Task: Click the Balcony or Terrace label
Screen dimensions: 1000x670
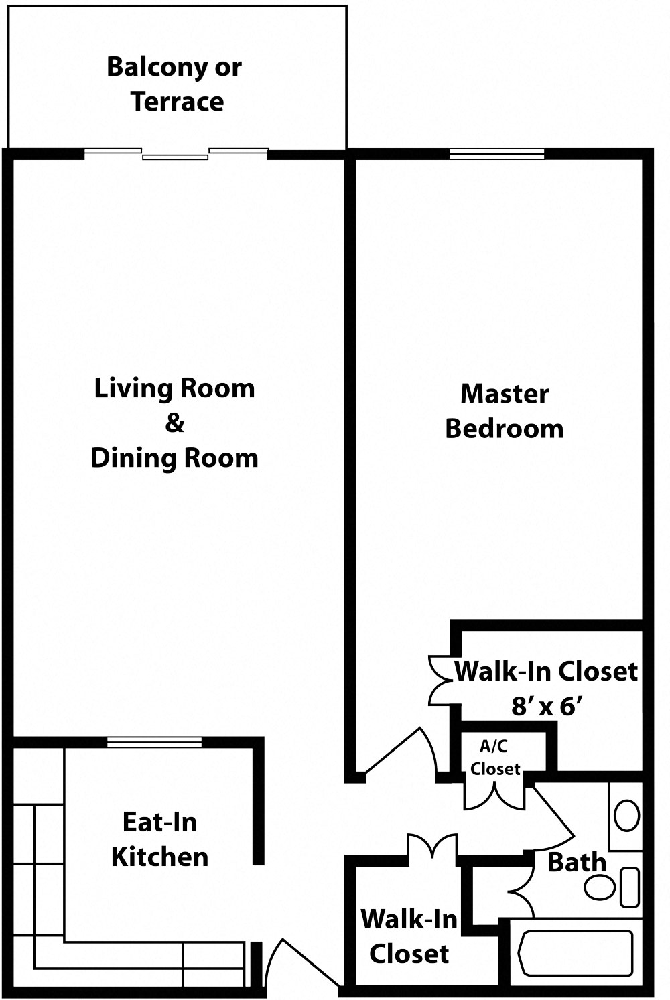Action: [x=174, y=84]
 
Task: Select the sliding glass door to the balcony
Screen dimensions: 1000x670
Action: [x=176, y=154]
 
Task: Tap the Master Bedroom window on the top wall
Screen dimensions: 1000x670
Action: [x=496, y=154]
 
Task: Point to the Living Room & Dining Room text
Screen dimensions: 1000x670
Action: [x=174, y=423]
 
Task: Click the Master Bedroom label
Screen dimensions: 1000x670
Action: [x=505, y=411]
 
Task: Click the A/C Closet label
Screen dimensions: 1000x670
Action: [x=494, y=758]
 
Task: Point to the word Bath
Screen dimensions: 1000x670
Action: [x=576, y=863]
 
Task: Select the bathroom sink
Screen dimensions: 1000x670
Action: [x=626, y=816]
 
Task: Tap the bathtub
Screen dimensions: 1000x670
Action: [x=576, y=952]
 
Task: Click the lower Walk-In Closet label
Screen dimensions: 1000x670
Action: [x=409, y=936]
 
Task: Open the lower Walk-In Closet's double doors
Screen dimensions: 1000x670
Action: [x=432, y=846]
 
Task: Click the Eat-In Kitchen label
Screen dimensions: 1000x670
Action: [x=159, y=839]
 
